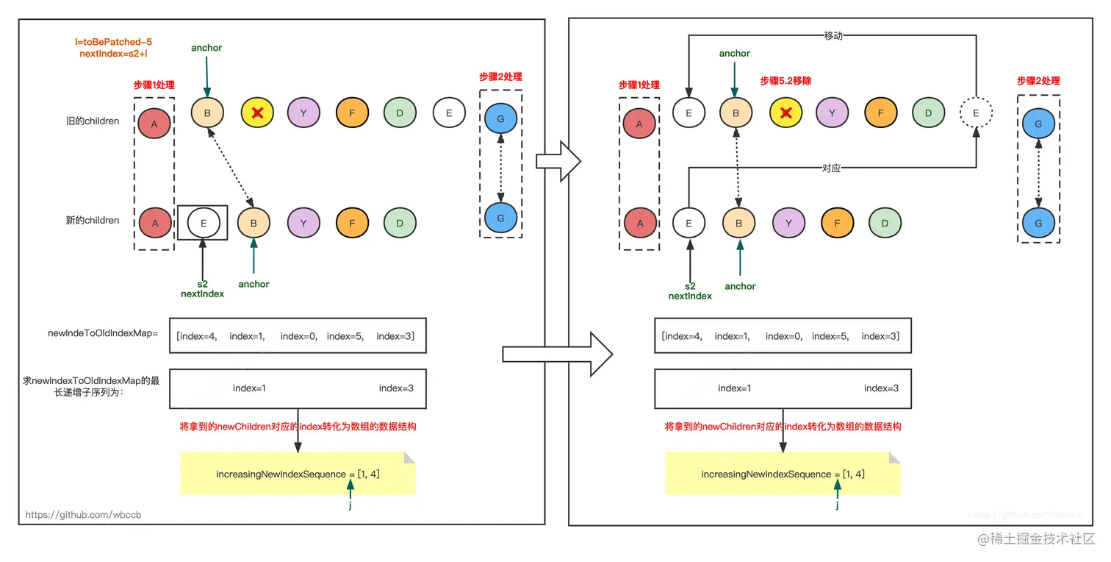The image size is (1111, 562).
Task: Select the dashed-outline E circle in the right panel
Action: [976, 113]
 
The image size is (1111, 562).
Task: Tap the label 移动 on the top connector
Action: [833, 35]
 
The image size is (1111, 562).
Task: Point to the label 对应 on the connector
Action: [831, 168]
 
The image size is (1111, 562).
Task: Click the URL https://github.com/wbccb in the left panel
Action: [83, 515]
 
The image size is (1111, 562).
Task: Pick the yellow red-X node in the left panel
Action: [257, 113]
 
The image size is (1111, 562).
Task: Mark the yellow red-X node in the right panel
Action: [785, 113]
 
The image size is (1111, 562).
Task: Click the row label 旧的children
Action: [92, 121]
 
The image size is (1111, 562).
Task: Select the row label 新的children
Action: [92, 220]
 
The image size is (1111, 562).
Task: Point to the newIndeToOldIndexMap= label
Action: [102, 334]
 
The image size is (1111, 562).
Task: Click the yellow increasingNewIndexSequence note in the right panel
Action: [783, 474]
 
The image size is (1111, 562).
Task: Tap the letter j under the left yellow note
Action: [350, 505]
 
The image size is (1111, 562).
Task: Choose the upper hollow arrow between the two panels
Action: [558, 160]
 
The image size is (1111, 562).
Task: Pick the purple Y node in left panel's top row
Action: [303, 113]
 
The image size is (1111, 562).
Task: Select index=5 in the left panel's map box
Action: [344, 336]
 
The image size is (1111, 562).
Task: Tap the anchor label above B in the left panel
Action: [206, 48]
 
